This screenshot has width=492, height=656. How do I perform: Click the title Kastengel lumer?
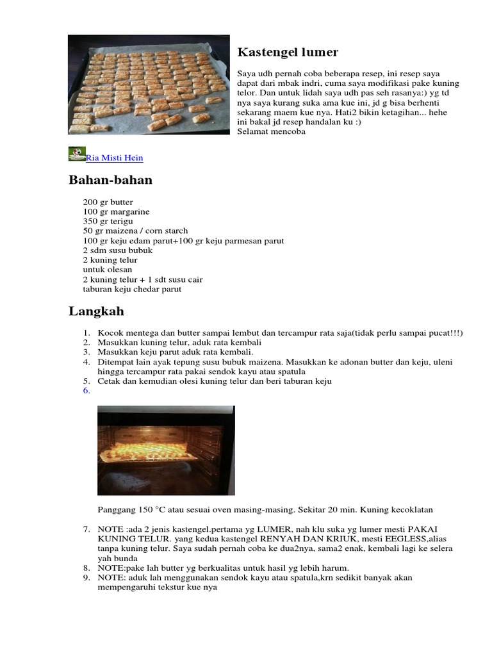coord(288,53)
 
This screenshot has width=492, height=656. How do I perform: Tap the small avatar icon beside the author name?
coord(77,154)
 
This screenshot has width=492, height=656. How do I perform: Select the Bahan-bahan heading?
coord(110,180)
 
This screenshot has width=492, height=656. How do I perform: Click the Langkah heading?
coord(96,312)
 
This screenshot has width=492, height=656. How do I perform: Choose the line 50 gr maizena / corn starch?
coord(135,231)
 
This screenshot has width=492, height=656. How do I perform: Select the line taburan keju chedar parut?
coord(132,289)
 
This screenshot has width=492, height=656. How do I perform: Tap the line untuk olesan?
coord(107,270)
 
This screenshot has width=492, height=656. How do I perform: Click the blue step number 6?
coord(85,391)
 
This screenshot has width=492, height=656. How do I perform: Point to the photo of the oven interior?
coord(166,450)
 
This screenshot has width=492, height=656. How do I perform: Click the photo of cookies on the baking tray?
coord(149,85)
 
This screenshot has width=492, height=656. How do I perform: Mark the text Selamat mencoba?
coord(271,131)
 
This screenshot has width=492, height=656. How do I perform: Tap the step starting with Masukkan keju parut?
coord(176,352)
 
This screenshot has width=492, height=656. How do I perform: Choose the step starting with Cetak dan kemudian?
coord(215,381)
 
